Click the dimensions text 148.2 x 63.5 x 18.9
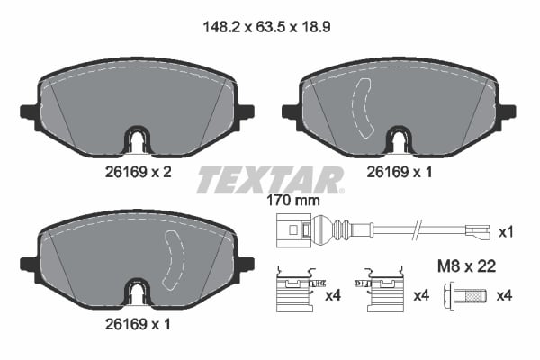[x=269, y=28]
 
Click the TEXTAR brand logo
[x=270, y=179]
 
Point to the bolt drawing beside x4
[x=466, y=295]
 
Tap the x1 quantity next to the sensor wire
[x=507, y=232]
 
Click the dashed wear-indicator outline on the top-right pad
[x=364, y=108]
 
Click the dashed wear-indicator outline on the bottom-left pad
[x=172, y=260]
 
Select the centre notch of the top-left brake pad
[x=135, y=140]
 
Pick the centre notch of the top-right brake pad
[x=398, y=140]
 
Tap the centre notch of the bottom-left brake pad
[x=135, y=293]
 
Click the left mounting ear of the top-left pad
[x=27, y=112]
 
